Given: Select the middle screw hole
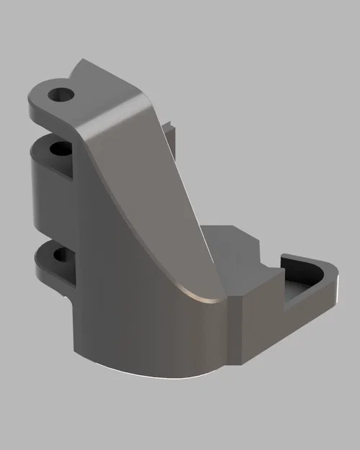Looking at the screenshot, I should (59, 149).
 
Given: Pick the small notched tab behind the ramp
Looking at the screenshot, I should (170, 133).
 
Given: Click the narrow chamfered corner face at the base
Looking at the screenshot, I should (234, 331).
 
